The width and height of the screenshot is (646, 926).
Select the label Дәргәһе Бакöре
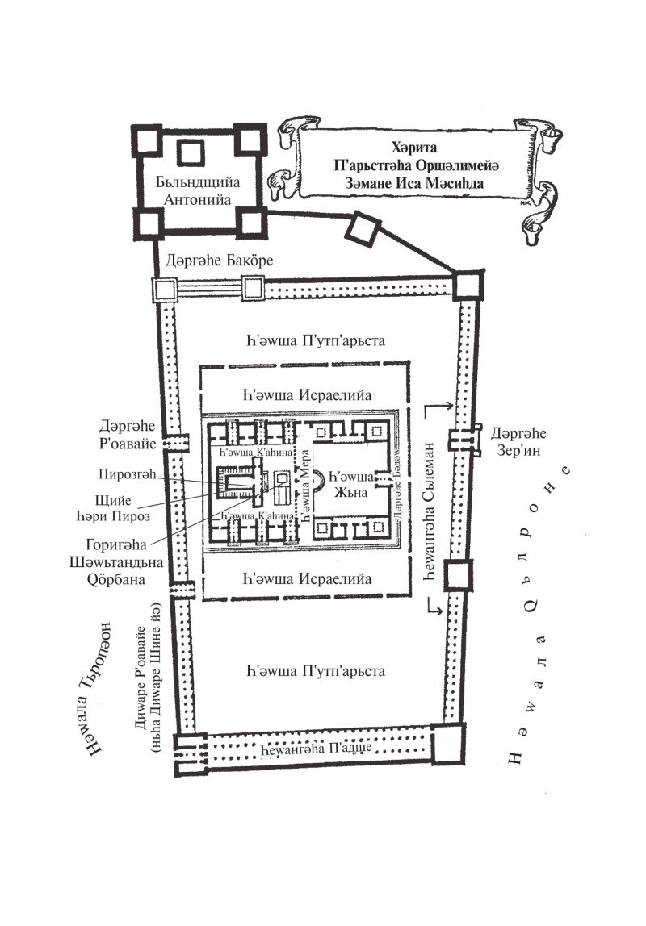pyautogui.click(x=219, y=261)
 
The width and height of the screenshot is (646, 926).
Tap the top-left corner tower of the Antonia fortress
pyautogui.click(x=146, y=141)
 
